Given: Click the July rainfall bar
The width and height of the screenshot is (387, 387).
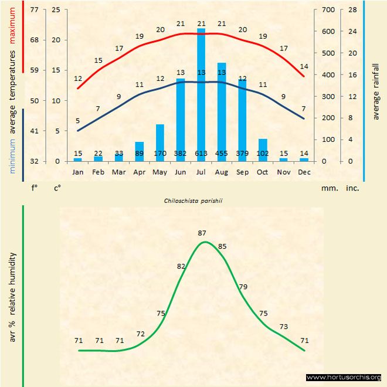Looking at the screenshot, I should click(201, 94).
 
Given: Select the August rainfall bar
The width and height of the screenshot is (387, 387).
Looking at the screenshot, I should click(222, 111).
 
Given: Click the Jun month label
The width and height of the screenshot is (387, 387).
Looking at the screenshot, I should click(181, 172).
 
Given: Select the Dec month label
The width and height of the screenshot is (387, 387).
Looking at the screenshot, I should click(304, 172).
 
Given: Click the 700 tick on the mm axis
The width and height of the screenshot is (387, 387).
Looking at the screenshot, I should click(327, 10).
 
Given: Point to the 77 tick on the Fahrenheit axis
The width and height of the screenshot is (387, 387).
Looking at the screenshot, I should click(35, 10).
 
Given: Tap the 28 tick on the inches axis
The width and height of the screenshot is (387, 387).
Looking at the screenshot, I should click(353, 10).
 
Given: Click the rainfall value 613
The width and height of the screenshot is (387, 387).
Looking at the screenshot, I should click(201, 154).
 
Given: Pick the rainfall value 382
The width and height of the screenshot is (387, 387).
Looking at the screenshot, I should click(181, 154).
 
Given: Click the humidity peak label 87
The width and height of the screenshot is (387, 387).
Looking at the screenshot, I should click(202, 233).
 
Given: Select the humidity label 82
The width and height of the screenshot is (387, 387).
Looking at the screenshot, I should click(181, 266).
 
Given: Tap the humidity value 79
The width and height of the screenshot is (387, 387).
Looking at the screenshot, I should click(243, 286).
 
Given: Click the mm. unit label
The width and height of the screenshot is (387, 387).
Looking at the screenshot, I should click(328, 189).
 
